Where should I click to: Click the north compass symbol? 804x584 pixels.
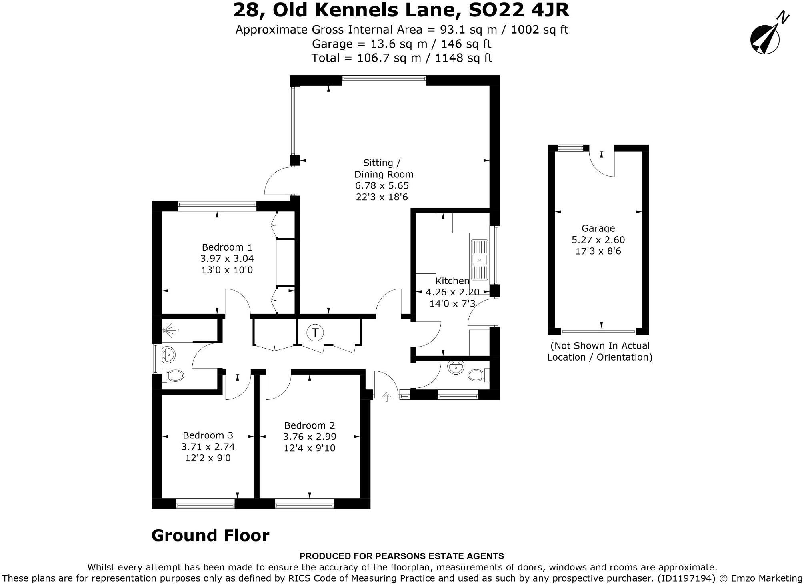pyautogui.click(x=765, y=39)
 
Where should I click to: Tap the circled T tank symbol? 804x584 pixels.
pyautogui.click(x=315, y=333)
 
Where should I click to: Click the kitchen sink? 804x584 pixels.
pyautogui.click(x=479, y=260)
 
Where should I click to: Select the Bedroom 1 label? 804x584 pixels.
pyautogui.click(x=227, y=247)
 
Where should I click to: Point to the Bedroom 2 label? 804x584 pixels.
pyautogui.click(x=309, y=425)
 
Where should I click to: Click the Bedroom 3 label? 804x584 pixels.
pyautogui.click(x=208, y=435)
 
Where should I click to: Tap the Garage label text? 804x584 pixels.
pyautogui.click(x=598, y=228)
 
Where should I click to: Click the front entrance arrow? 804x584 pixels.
pyautogui.click(x=386, y=397)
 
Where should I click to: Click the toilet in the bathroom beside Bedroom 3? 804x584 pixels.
pyautogui.click(x=175, y=375)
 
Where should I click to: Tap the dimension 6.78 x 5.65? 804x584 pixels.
pyautogui.click(x=382, y=185)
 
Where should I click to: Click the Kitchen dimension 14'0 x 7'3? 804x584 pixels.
pyautogui.click(x=452, y=304)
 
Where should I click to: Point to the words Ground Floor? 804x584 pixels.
pyautogui.click(x=210, y=536)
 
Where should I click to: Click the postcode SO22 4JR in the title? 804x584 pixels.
pyautogui.click(x=518, y=10)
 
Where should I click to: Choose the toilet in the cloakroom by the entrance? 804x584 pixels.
pyautogui.click(x=476, y=375)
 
